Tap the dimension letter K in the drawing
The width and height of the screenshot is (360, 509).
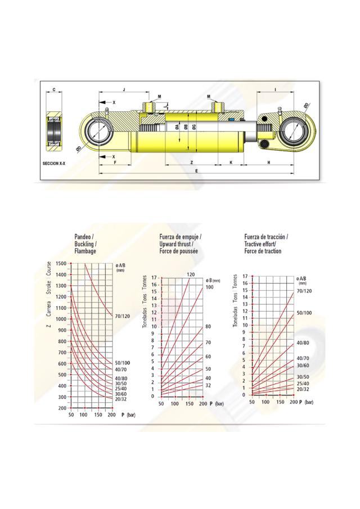(231, 162)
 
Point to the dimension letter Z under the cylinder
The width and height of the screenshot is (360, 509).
(192, 162)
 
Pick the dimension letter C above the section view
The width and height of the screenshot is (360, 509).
(53, 89)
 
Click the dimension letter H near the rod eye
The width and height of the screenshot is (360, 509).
(269, 162)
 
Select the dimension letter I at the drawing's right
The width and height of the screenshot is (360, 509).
(275, 88)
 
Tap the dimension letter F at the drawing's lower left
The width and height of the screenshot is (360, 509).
(115, 162)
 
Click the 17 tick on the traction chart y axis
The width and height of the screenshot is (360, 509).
(244, 276)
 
